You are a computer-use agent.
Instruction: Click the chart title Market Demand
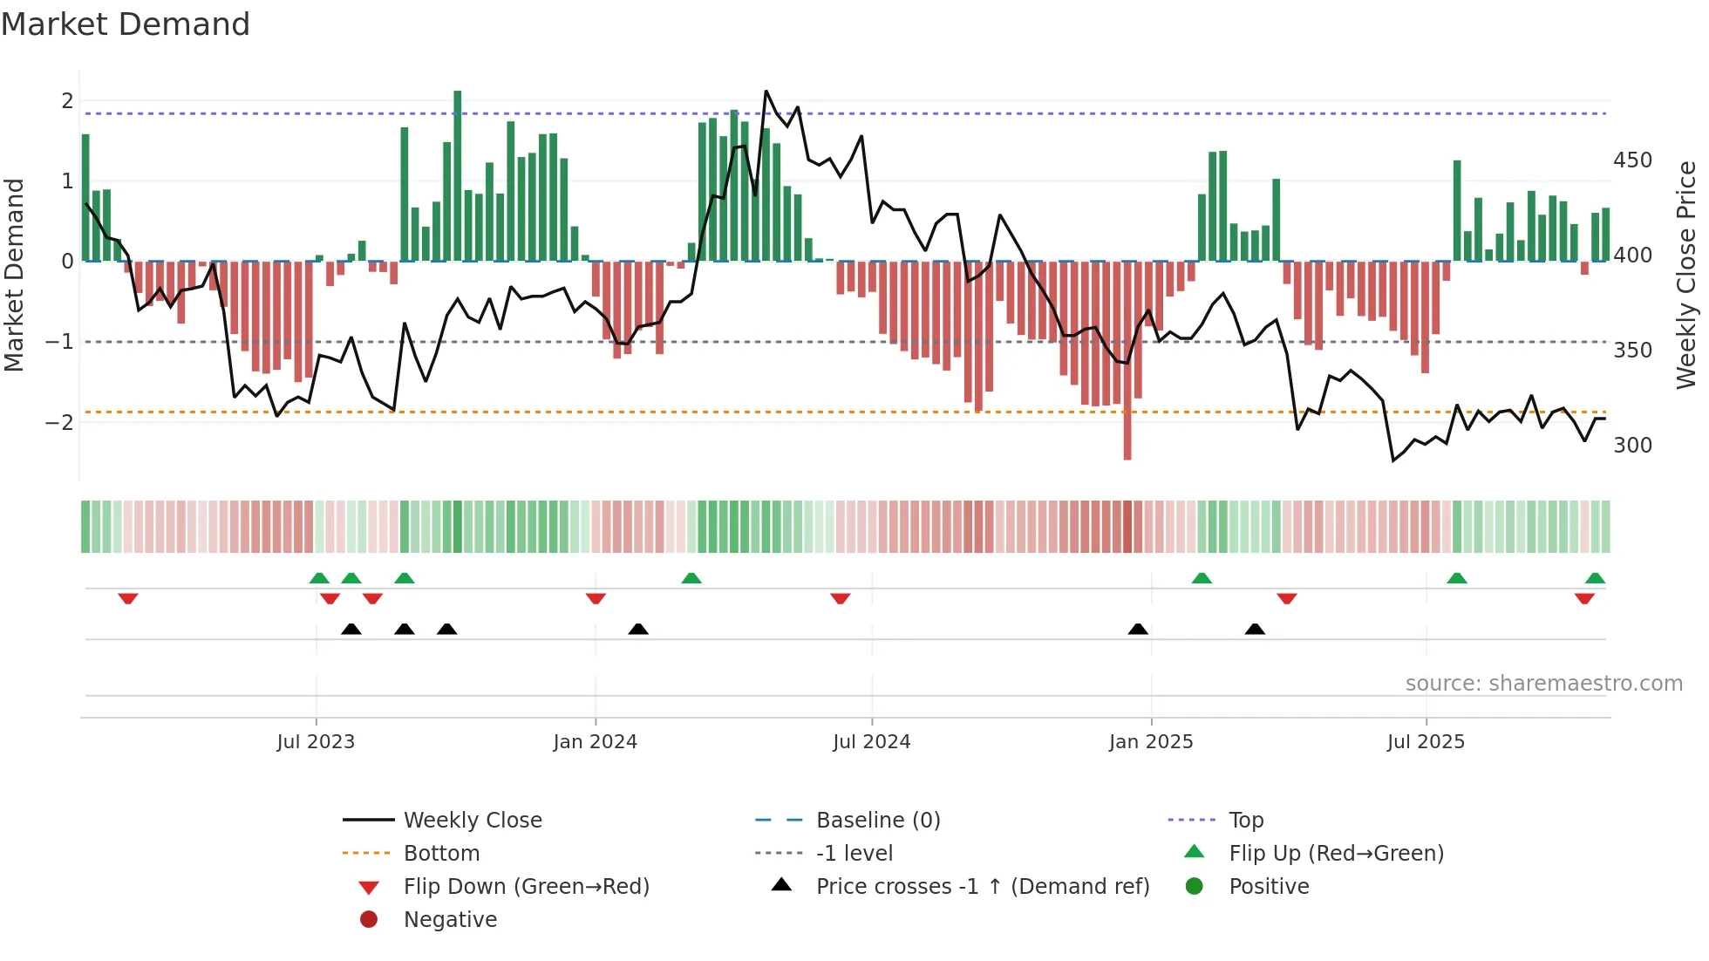(x=126, y=24)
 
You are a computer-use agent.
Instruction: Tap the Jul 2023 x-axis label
(x=316, y=742)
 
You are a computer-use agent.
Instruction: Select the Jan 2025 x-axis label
(x=1151, y=742)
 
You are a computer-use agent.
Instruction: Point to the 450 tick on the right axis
(x=1632, y=160)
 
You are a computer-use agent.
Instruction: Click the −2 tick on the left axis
(x=59, y=422)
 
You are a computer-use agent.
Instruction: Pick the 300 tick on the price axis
(x=1632, y=446)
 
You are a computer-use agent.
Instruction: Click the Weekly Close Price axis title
(x=1686, y=275)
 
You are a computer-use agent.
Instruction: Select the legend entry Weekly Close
(x=473, y=821)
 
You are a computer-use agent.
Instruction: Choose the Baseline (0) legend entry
(x=878, y=821)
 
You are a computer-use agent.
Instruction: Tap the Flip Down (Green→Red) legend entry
(x=526, y=887)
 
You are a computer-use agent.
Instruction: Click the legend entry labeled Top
(x=1246, y=821)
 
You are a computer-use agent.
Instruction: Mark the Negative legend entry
(x=450, y=920)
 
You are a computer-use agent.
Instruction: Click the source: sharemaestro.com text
(x=1543, y=684)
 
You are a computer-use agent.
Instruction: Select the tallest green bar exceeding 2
(x=458, y=174)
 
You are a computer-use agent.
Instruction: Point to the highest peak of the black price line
(x=766, y=92)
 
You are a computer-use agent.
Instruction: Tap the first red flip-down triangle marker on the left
(x=128, y=598)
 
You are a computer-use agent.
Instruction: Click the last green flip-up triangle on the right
(x=1595, y=578)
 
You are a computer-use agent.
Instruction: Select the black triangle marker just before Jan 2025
(x=1138, y=629)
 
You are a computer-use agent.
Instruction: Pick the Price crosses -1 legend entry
(x=983, y=887)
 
